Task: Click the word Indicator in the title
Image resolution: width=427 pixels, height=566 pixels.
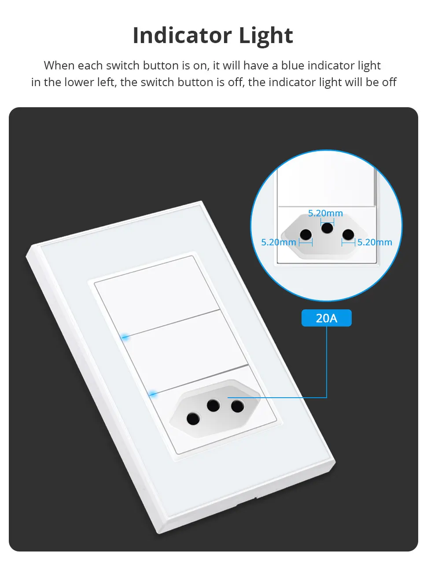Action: point(182,36)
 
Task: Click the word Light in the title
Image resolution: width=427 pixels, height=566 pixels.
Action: point(265,36)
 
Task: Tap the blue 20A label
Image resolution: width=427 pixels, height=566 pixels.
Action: point(326,318)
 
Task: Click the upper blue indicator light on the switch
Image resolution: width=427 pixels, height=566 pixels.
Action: point(125,337)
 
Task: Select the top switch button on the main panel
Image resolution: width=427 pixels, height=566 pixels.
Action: point(156,294)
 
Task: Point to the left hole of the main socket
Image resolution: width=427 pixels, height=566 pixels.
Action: point(193,418)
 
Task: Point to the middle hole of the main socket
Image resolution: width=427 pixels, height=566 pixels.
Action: point(213,405)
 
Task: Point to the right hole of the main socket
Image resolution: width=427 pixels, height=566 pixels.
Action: point(238,406)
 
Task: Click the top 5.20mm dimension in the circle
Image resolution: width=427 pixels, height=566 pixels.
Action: point(325,214)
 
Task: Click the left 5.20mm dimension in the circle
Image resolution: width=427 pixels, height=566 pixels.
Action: point(278,242)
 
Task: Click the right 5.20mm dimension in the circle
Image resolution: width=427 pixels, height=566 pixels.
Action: point(375,242)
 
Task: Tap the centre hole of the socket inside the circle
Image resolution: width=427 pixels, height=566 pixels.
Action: point(327,228)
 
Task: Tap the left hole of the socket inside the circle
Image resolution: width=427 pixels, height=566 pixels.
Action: point(306,235)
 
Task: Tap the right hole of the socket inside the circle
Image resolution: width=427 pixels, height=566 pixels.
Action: point(348,235)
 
